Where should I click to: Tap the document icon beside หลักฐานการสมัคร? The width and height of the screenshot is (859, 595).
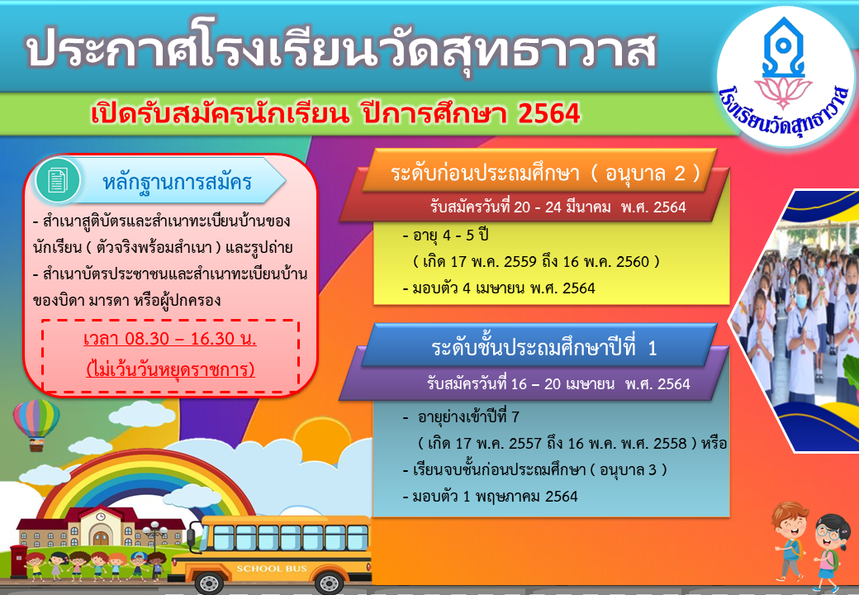click(57, 180)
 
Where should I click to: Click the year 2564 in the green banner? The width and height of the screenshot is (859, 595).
click(548, 113)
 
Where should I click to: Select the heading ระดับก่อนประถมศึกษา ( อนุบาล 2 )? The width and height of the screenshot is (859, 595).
click(546, 174)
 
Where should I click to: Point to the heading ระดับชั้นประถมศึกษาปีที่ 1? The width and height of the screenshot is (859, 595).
click(543, 348)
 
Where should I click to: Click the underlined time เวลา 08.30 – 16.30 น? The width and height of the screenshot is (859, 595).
click(170, 339)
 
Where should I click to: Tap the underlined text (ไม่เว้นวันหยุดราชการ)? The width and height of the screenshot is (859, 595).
click(170, 369)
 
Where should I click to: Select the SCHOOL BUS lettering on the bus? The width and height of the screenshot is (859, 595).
click(272, 569)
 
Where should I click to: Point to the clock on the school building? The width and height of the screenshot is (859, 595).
click(101, 516)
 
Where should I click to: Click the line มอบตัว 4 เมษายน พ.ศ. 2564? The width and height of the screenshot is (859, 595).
click(499, 288)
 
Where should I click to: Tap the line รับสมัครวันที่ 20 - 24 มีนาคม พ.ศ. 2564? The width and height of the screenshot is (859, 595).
click(558, 207)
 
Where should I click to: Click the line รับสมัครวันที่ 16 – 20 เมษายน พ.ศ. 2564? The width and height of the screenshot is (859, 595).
click(558, 383)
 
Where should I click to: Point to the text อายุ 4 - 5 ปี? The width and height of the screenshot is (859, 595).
click(445, 236)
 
